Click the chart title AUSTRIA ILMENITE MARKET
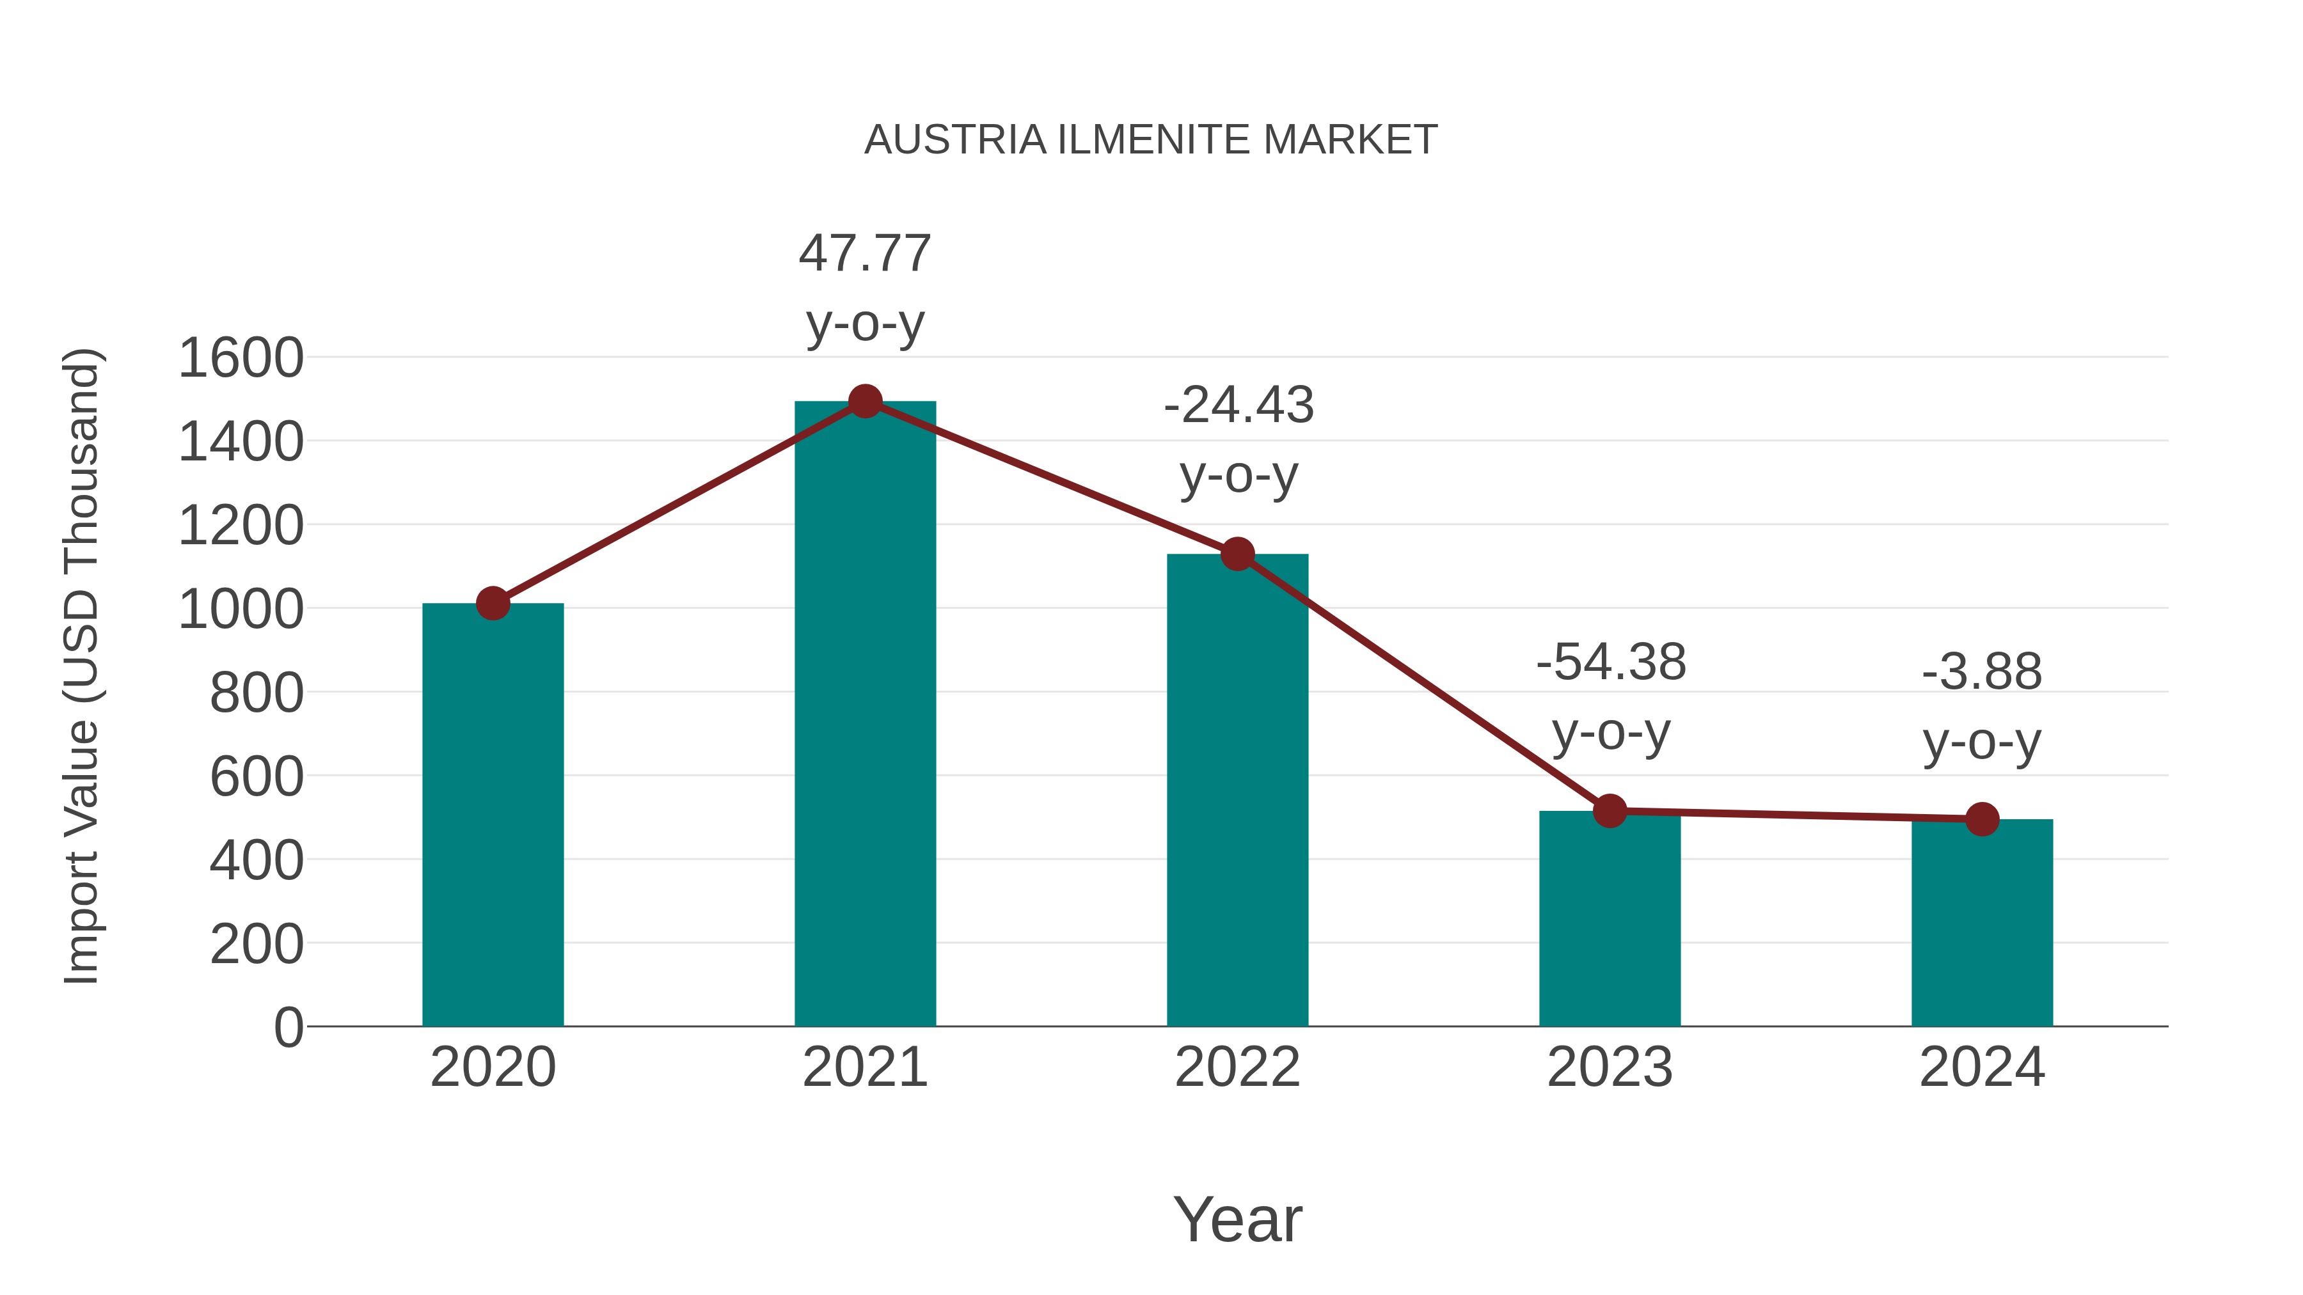click(1151, 140)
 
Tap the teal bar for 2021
click(864, 715)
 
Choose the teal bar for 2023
click(1610, 920)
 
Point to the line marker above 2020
click(493, 604)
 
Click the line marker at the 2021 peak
click(864, 401)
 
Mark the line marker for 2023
click(1610, 812)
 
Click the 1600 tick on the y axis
click(241, 358)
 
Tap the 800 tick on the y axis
click(256, 693)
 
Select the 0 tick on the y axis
click(288, 1028)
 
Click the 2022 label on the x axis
click(1237, 1067)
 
